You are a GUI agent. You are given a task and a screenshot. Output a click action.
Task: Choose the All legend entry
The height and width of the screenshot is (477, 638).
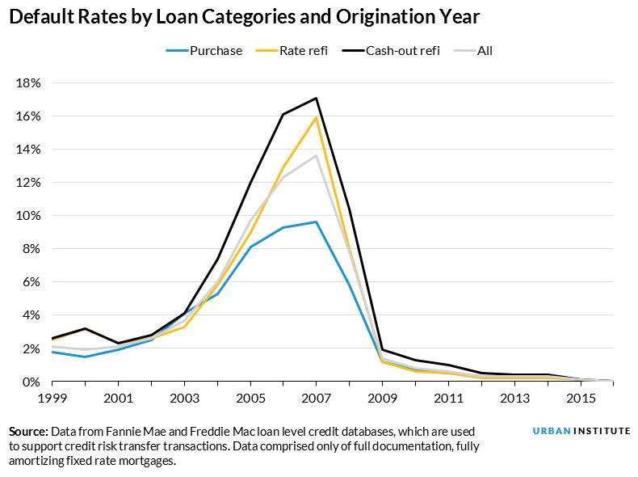coord(484,50)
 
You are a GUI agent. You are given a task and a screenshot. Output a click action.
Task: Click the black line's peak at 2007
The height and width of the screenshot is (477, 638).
coord(316,98)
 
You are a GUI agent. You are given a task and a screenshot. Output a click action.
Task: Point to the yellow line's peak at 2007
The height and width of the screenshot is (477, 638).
coord(316,118)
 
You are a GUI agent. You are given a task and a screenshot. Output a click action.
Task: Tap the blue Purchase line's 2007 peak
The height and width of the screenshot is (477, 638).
coord(316,222)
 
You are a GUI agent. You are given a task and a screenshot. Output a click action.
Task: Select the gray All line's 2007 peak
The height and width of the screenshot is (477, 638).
coord(316,156)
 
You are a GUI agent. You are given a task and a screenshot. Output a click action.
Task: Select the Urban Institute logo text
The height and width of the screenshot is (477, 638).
coord(581,431)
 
